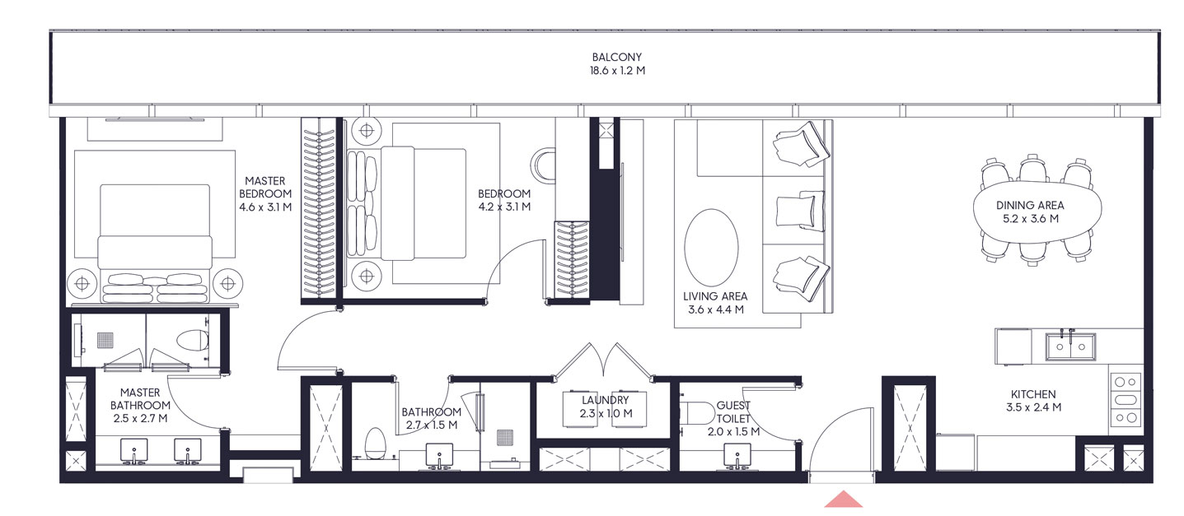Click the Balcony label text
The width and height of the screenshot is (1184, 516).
[616, 58]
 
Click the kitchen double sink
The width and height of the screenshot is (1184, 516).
[1070, 346]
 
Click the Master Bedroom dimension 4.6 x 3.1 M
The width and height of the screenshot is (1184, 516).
[264, 207]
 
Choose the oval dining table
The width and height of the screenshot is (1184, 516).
[1038, 212]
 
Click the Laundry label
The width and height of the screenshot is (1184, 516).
[608, 401]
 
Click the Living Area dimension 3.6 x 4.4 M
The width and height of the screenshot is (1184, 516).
[716, 310]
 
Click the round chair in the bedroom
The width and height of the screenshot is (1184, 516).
[545, 164]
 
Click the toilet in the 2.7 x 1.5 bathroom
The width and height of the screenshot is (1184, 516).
[376, 443]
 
